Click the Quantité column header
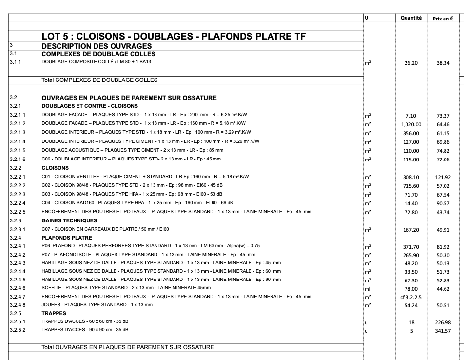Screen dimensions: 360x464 411,18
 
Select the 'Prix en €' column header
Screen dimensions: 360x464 443,19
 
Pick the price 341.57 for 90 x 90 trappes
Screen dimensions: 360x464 443,331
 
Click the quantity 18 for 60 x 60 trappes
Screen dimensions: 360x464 411,322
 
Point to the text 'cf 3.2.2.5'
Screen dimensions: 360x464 411,297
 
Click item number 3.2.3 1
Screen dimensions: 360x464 18,229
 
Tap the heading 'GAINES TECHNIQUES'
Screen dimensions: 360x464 69,220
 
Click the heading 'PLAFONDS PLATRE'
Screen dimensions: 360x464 67,238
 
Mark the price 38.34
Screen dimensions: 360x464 443,63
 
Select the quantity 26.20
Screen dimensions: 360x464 411,63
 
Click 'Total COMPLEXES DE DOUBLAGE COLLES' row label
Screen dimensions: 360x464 99,80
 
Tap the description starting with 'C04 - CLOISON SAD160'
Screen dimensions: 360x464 137,203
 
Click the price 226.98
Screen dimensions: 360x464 443,322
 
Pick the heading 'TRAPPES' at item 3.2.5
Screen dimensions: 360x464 54,313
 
